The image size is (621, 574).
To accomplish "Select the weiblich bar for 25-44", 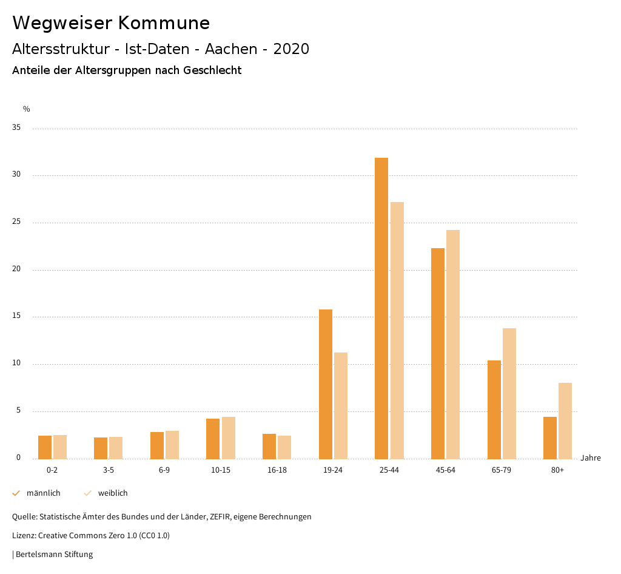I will click(x=397, y=330).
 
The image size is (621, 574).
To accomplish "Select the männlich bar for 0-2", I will click(x=45, y=447).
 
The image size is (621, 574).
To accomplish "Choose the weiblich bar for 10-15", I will click(x=228, y=437).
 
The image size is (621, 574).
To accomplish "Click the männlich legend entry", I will click(x=43, y=493).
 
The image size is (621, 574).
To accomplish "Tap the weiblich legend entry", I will click(x=113, y=493).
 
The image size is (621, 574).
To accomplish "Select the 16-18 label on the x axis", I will click(x=277, y=470).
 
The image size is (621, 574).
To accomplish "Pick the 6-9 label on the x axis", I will click(x=164, y=470).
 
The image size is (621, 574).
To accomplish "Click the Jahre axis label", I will click(x=591, y=458).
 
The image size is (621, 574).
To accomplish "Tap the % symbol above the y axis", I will click(x=27, y=109).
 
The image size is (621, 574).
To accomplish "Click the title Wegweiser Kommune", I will click(x=111, y=23).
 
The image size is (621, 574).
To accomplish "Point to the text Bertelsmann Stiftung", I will click(x=54, y=554).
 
